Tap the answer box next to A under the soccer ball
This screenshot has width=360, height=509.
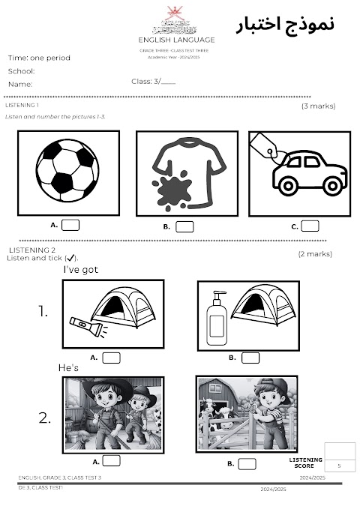click(x=70, y=224)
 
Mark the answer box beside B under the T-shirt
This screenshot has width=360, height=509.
click(x=184, y=226)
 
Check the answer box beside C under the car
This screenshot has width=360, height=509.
click(x=310, y=226)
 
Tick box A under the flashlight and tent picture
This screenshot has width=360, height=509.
click(x=112, y=358)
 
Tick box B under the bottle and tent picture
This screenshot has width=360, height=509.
click(x=250, y=358)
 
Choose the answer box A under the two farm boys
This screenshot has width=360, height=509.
click(x=112, y=461)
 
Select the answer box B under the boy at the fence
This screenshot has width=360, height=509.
click(x=247, y=463)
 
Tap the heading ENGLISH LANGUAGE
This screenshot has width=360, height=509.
click(x=177, y=40)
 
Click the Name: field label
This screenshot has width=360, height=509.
click(x=20, y=85)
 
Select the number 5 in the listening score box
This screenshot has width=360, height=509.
click(x=340, y=466)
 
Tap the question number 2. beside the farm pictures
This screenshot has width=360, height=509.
click(x=45, y=418)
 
